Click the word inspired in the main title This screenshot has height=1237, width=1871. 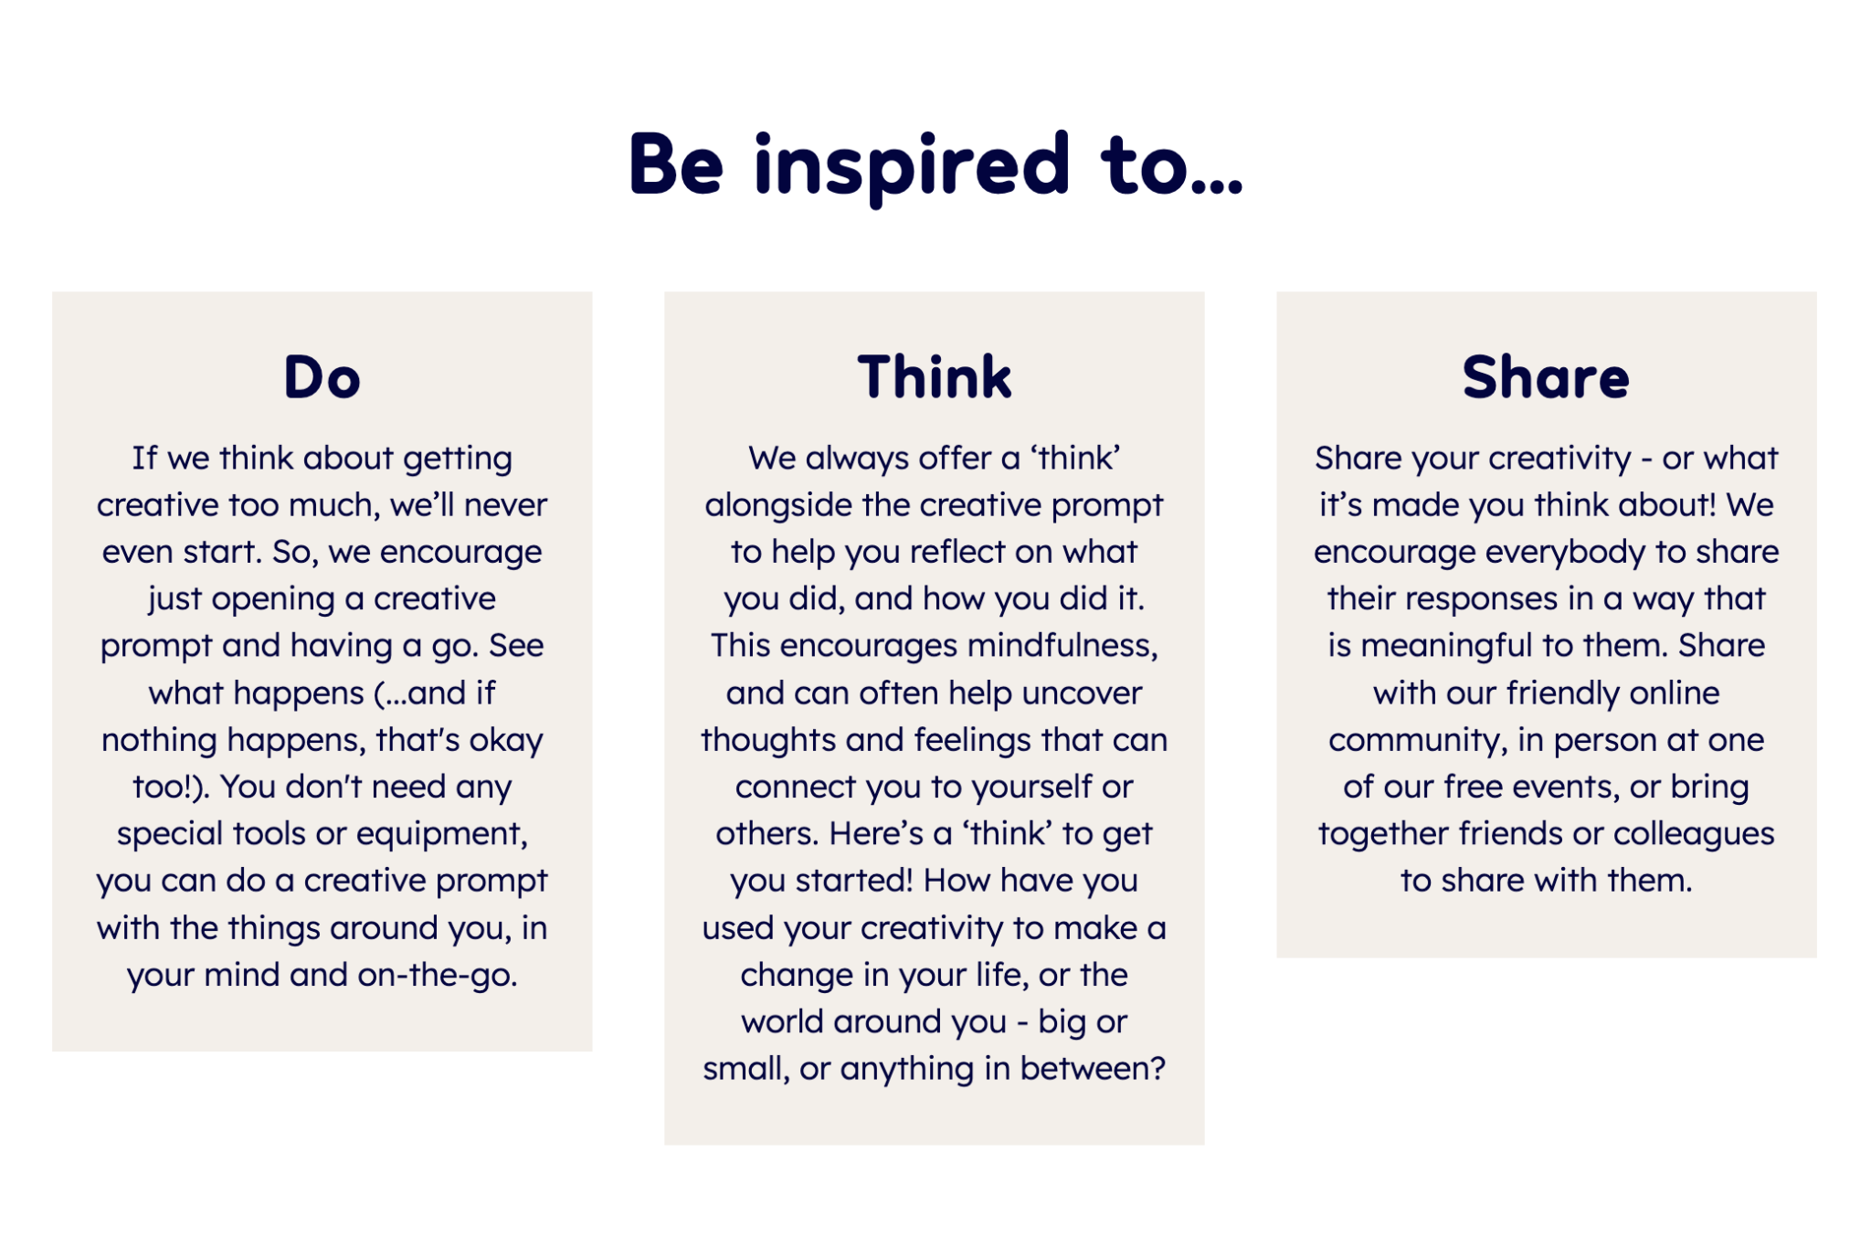[912, 167]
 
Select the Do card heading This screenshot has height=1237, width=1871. [322, 376]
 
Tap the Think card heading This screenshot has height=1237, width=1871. [935, 376]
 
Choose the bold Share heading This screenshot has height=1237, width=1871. [1546, 376]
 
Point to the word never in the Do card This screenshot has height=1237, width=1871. [506, 505]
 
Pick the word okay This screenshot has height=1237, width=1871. [506, 741]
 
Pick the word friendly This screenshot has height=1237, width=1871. [1563, 693]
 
